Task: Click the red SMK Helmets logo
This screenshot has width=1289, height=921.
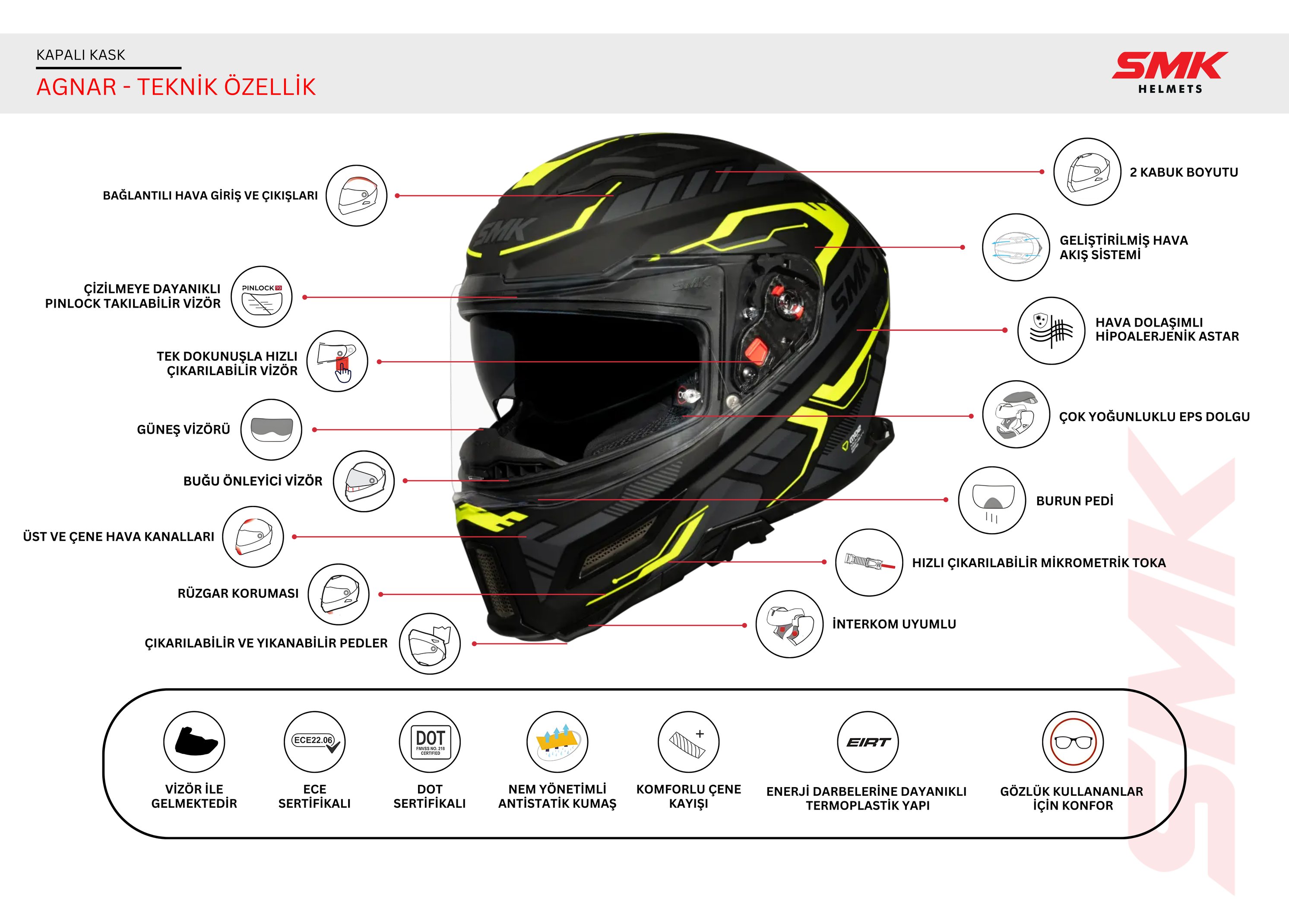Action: (1169, 71)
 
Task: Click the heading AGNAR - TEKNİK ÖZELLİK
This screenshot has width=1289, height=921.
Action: (176, 87)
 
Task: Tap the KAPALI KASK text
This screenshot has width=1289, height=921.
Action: (80, 55)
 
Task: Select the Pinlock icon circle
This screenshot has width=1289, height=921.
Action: (261, 297)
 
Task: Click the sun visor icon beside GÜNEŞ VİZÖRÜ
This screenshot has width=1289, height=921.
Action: (271, 429)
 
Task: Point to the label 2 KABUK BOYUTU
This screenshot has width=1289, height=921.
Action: (1184, 172)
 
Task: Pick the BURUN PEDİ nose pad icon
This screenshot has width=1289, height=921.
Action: (991, 500)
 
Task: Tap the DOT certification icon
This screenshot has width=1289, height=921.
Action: (430, 742)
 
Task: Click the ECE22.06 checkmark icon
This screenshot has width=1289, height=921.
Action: (315, 742)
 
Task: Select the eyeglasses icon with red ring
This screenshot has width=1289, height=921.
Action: (1073, 742)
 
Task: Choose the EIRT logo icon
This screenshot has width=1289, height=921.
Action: (868, 742)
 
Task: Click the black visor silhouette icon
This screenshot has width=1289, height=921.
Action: (194, 742)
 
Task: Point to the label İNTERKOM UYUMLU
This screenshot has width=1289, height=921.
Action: (894, 624)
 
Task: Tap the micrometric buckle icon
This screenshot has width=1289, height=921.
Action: (869, 562)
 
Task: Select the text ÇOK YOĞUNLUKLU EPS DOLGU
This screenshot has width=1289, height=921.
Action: (1154, 417)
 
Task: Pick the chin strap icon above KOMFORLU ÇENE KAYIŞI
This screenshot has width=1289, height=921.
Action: (688, 742)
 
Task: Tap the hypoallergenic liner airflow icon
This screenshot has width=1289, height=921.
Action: (1051, 330)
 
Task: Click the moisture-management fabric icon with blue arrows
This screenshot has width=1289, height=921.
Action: (557, 742)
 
